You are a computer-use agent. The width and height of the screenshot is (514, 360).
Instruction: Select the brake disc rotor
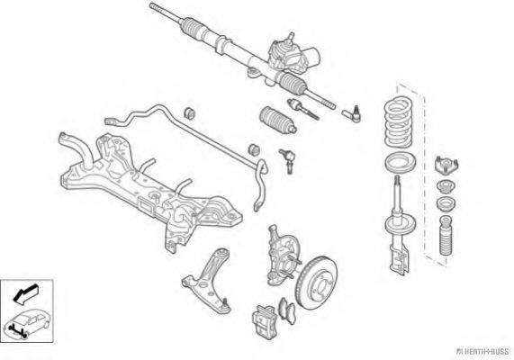click(x=317, y=283)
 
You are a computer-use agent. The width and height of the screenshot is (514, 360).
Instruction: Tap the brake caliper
click(x=265, y=321)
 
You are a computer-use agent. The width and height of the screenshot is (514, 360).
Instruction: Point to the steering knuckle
click(x=281, y=255)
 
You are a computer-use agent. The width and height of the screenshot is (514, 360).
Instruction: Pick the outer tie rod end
click(x=352, y=113)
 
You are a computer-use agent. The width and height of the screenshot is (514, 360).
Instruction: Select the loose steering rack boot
click(x=278, y=120)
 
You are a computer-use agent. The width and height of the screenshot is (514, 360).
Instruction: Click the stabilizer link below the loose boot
click(x=287, y=161)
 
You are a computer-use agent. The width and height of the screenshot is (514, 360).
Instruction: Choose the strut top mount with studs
click(x=446, y=166)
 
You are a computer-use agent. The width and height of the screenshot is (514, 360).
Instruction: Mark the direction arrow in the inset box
click(x=25, y=292)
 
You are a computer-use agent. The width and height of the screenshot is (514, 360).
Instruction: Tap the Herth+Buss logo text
click(x=482, y=352)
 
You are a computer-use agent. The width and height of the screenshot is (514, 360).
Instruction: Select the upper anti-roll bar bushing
click(x=190, y=113)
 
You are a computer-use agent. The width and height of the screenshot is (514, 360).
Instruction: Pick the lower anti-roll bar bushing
click(x=254, y=149)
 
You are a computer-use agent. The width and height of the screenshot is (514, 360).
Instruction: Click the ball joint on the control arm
click(x=226, y=304)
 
